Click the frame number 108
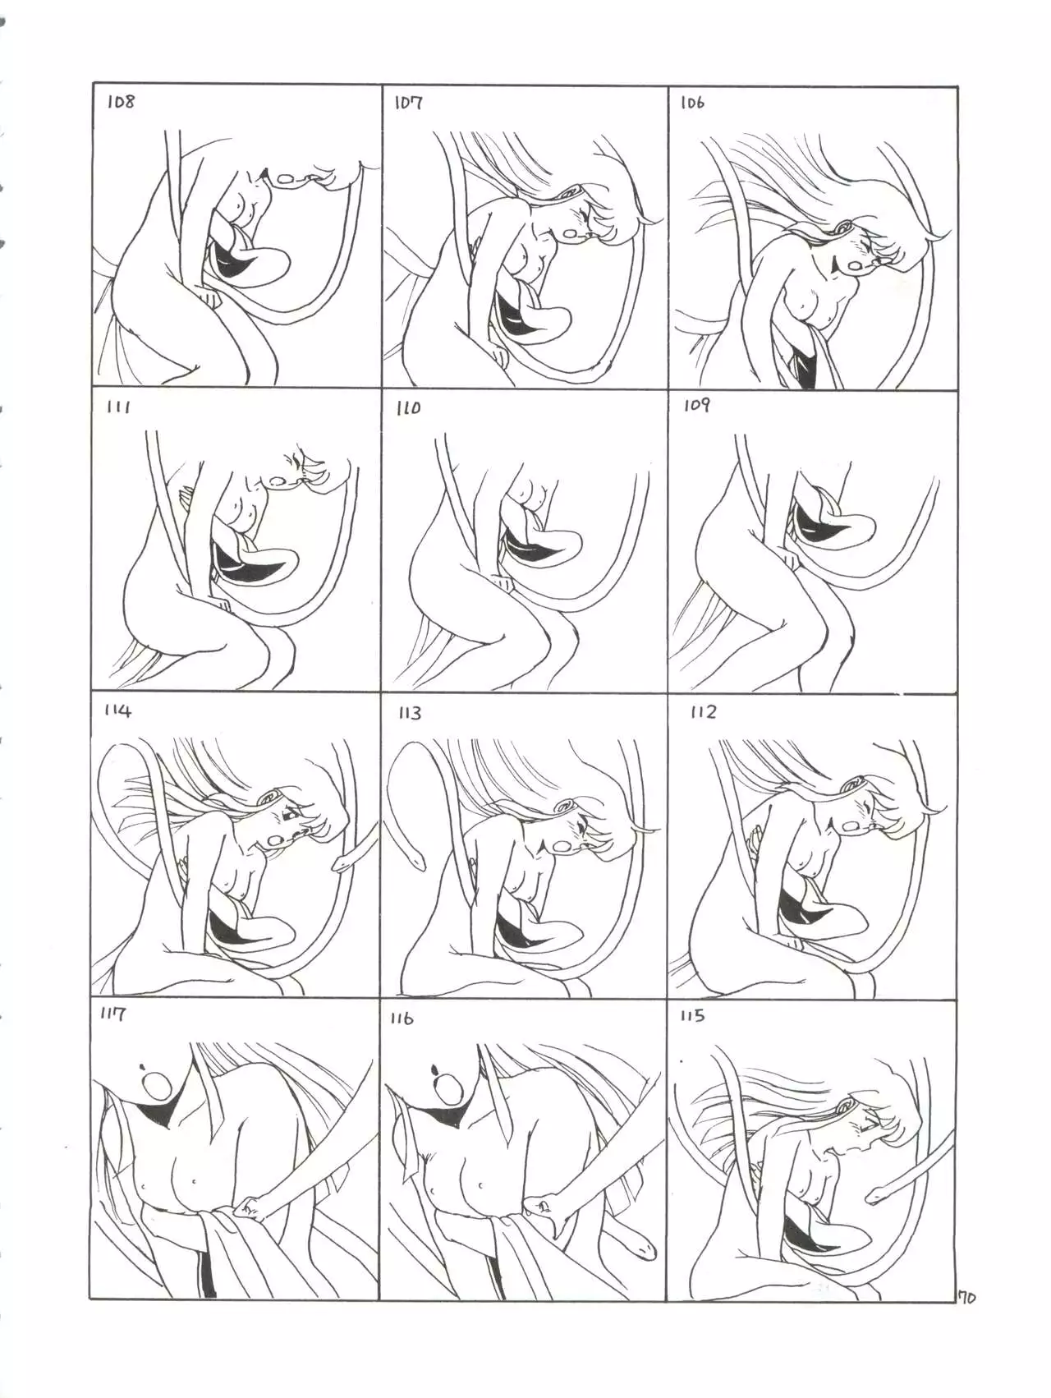pyautogui.click(x=120, y=103)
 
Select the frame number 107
pyautogui.click(x=408, y=103)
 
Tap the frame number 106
pyautogui.click(x=692, y=103)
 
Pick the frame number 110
pyautogui.click(x=408, y=407)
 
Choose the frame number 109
pyautogui.click(x=696, y=405)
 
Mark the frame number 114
pyautogui.click(x=117, y=711)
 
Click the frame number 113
pyautogui.click(x=410, y=713)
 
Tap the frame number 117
pyautogui.click(x=112, y=1014)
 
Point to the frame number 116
pyautogui.click(x=402, y=1019)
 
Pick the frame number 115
pyautogui.click(x=692, y=1016)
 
